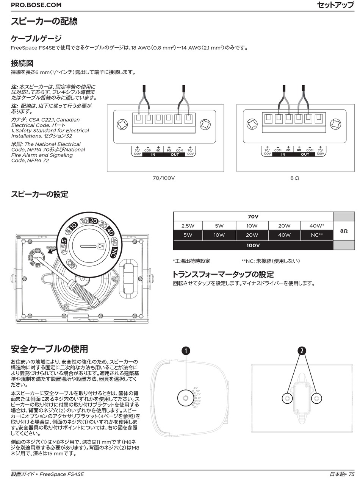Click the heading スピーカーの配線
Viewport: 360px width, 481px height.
[x=44, y=21]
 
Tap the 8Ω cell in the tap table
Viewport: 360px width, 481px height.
[x=344, y=231]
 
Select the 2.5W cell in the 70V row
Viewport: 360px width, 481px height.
[x=188, y=226]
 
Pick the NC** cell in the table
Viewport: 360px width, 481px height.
[x=317, y=235]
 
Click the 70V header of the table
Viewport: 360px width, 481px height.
[x=253, y=217]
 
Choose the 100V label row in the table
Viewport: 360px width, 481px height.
[x=253, y=245]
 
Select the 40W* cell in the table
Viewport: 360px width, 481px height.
[x=317, y=226]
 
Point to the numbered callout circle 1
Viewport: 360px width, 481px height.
[x=186, y=351]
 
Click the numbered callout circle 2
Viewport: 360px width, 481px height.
[x=302, y=351]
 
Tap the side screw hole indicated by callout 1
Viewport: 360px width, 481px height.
[x=186, y=398]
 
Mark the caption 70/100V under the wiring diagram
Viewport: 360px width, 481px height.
[x=164, y=178]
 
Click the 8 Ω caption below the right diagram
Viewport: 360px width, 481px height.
[x=294, y=178]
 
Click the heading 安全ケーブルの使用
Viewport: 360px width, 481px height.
[x=50, y=348]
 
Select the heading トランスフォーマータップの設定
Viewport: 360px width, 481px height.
[x=223, y=274]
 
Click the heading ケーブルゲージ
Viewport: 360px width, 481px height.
[x=36, y=39]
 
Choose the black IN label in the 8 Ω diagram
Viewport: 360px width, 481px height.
[x=283, y=154]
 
